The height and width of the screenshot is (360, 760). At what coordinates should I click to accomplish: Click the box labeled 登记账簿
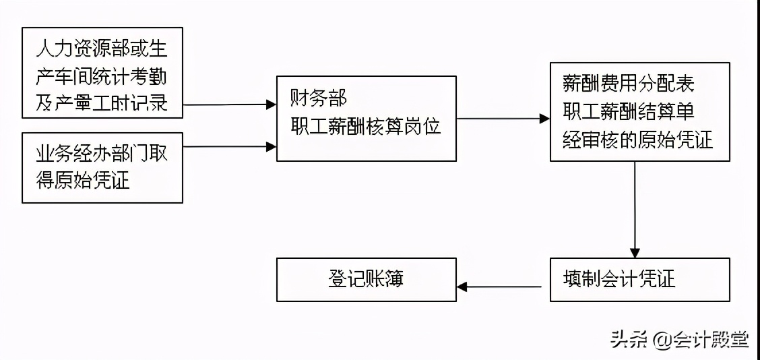pos(367,279)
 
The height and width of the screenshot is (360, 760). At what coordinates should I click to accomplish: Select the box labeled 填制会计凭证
pos(639,279)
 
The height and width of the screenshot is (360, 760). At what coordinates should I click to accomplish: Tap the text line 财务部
pos(319,98)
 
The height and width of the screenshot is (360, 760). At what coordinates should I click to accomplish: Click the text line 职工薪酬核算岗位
pos(366,125)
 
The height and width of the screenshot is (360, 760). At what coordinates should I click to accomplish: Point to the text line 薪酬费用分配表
pos(628,84)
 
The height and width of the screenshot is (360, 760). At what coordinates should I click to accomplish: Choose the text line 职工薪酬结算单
pos(628,111)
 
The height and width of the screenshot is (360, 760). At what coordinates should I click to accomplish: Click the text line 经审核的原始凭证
pos(637,140)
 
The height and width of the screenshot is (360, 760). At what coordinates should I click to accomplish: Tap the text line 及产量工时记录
pos(102,103)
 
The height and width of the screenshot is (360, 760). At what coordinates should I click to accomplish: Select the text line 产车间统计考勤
pos(102,76)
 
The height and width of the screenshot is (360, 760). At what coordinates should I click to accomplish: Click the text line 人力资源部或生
pos(102,49)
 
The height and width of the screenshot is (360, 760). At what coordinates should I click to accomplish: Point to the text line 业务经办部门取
pos(102,154)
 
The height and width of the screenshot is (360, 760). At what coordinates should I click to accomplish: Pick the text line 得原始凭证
pos(83,180)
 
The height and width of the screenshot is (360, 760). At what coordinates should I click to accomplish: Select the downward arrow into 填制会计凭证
pos(634,209)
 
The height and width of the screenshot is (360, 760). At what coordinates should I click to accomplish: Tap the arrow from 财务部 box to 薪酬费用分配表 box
pos(503,119)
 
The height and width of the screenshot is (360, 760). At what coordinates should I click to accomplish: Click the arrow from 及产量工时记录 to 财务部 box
pos(229,104)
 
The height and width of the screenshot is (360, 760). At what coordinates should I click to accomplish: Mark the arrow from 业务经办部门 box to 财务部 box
pos(229,146)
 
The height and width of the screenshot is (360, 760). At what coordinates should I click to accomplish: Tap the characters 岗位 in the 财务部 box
pos(422,125)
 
